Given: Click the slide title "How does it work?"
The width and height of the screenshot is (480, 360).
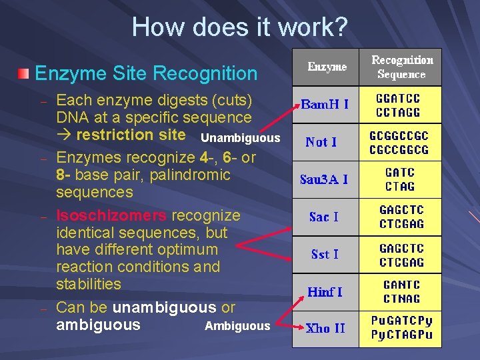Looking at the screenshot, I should (x=239, y=27).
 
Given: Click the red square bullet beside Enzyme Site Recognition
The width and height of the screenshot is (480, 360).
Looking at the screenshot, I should (x=24, y=73).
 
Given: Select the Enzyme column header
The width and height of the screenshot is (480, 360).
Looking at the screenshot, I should (x=327, y=67).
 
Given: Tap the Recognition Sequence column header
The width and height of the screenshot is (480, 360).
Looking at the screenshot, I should (x=401, y=67).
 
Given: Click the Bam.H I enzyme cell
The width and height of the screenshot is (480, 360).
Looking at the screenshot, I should (x=325, y=105).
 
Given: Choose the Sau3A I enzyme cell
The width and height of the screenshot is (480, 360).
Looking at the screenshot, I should (x=324, y=179).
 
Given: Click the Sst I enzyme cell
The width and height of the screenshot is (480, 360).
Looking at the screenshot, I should (x=325, y=254).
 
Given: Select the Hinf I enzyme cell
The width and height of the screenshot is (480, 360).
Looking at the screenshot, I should (x=325, y=291).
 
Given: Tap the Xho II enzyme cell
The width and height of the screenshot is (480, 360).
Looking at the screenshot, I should (x=326, y=328).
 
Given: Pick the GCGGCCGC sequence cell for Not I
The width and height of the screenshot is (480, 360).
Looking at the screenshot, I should (x=399, y=142).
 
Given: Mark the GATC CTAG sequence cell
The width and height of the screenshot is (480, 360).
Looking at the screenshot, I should (x=400, y=179).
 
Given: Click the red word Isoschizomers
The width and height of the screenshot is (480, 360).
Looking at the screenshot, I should (x=111, y=215).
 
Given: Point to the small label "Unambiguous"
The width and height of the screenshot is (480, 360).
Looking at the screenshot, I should (x=240, y=139).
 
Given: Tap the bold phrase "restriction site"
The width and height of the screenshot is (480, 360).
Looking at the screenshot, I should (x=131, y=135).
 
